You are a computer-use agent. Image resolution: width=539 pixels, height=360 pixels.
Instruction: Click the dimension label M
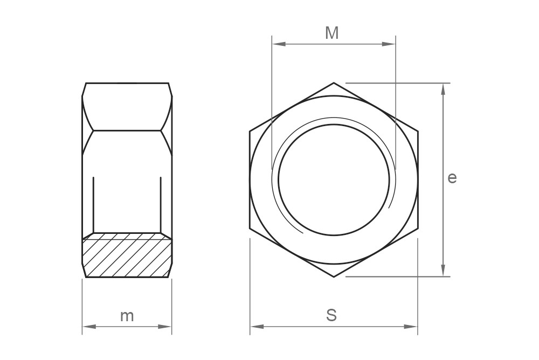point(332,33)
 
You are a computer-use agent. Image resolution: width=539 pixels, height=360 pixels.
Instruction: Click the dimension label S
point(332,315)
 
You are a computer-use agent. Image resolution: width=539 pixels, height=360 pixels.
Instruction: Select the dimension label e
point(452,177)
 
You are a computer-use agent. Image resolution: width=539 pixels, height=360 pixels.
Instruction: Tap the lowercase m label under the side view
point(127,316)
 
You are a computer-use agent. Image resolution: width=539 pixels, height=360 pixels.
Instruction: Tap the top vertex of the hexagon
point(334,83)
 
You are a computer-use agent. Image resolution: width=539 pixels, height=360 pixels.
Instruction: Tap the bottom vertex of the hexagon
point(334,277)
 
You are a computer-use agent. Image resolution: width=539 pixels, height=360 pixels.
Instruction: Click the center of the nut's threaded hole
point(334,180)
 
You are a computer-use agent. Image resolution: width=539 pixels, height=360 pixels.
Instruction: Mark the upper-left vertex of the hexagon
point(250,131)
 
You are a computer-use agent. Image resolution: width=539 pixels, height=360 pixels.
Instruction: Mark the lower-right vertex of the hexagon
point(418,229)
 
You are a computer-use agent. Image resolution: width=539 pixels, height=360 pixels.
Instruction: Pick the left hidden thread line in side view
point(93,205)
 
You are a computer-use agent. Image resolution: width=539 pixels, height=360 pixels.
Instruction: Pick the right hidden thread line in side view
point(161,205)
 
